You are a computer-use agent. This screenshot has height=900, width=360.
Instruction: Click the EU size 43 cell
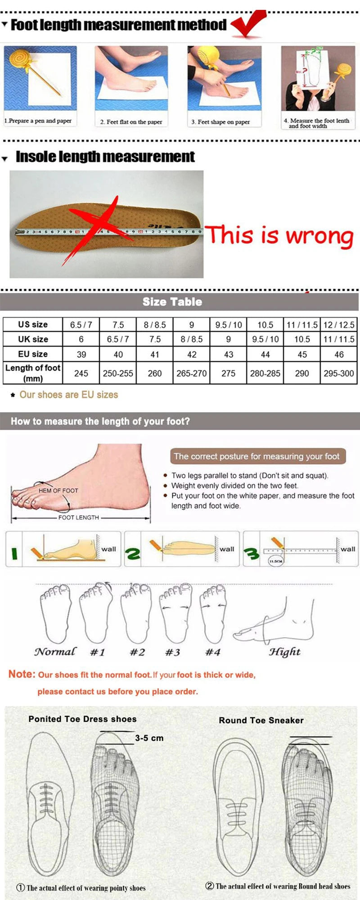tap(228, 354)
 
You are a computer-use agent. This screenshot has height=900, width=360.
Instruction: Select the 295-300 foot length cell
tap(338, 373)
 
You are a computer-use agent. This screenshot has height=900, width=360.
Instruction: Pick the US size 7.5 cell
tap(118, 324)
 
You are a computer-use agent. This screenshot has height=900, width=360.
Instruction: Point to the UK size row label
tap(33, 339)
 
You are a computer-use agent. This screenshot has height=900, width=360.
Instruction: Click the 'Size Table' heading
tap(172, 301)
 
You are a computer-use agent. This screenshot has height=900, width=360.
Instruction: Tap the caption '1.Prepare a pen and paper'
tap(38, 121)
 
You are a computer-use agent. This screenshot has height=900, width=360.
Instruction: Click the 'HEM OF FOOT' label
tap(58, 490)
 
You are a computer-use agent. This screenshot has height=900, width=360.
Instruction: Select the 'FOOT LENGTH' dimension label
tap(78, 517)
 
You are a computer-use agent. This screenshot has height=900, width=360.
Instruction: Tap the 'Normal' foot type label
tap(55, 652)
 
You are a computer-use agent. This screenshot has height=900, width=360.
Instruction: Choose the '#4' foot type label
tap(212, 652)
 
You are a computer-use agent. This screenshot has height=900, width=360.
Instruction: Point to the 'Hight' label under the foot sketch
tap(284, 652)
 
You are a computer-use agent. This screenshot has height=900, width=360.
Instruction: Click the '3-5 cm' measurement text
tap(149, 738)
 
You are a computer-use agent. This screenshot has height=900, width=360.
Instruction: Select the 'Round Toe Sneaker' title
tap(261, 720)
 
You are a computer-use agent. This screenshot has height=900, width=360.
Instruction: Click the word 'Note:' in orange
tap(22, 674)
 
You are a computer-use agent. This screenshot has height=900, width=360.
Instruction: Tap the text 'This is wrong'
tap(279, 235)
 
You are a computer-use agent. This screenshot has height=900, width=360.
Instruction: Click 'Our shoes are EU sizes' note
tap(68, 395)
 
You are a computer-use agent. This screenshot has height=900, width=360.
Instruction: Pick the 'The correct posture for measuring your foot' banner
tap(256, 456)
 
